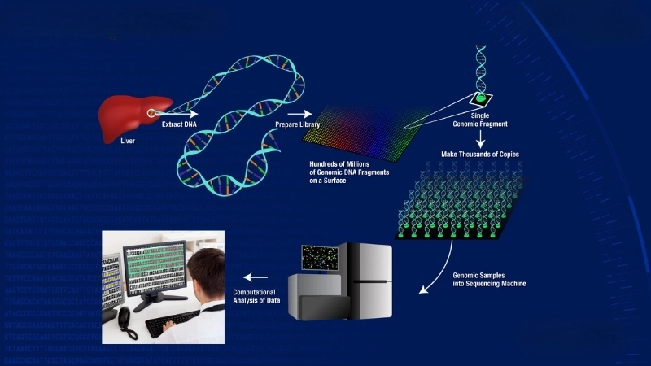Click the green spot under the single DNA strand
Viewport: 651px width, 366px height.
(481, 98)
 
